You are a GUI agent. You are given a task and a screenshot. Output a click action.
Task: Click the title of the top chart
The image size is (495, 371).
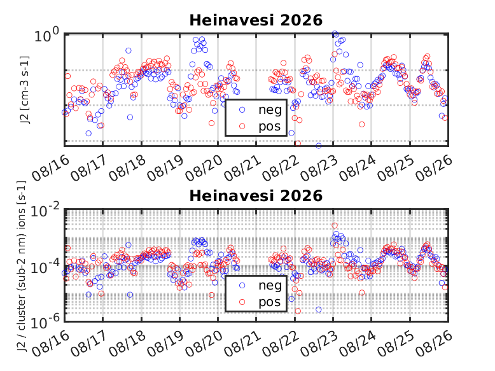[256, 20]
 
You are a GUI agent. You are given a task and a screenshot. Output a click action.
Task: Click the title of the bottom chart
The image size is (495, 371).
[256, 196]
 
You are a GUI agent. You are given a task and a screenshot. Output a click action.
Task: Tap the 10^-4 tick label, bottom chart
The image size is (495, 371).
[45, 267]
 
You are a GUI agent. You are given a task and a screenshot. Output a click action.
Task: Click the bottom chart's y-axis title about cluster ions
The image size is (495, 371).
[22, 267]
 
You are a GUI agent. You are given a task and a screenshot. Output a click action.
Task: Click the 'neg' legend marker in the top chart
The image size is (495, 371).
[242, 109]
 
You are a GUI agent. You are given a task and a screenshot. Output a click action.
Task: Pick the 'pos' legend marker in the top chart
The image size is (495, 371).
[242, 126]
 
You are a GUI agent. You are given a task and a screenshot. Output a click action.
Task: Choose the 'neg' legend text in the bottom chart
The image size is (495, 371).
[270, 286]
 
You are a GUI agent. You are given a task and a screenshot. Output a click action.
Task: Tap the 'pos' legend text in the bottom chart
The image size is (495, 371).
[270, 302]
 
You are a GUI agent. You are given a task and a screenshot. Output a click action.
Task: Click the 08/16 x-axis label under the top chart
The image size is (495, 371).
[50, 168]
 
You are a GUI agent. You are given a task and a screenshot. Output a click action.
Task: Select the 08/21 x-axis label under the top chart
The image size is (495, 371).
[242, 168]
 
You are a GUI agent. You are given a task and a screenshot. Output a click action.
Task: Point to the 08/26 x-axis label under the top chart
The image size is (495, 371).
[434, 168]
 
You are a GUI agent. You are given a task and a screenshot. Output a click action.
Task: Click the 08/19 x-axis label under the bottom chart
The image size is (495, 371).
[165, 344]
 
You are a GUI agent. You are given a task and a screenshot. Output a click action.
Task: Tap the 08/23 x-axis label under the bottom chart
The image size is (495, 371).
[319, 344]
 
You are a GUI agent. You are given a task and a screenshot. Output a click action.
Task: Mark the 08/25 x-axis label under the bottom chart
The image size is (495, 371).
[396, 344]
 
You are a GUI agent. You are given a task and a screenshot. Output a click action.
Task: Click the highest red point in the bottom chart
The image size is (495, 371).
[335, 225]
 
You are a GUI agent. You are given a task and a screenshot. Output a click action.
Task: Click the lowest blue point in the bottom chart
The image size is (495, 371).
[319, 309]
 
